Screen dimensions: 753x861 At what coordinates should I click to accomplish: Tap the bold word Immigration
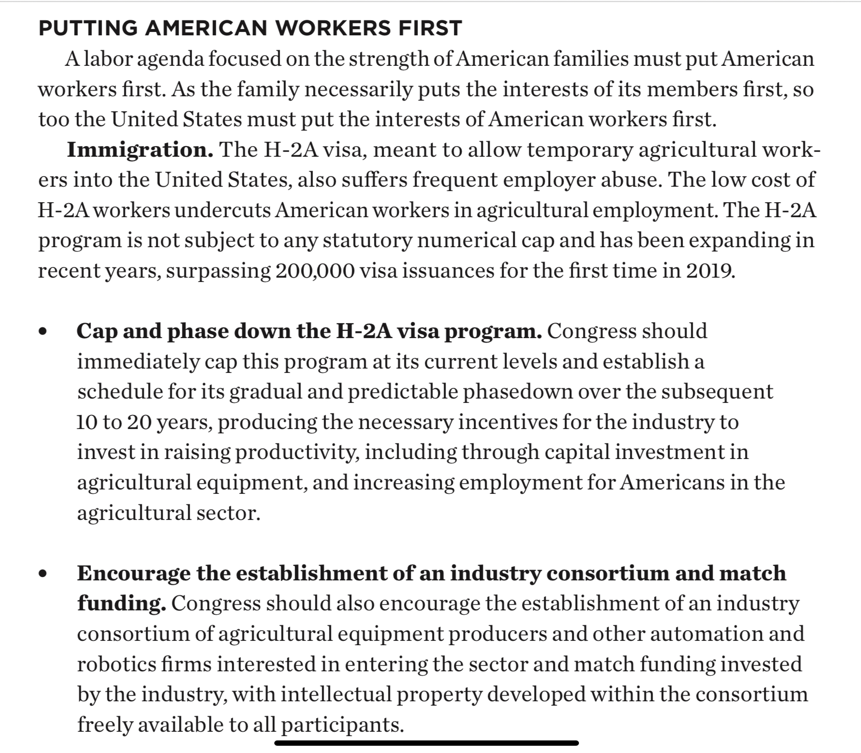pyautogui.click(x=140, y=150)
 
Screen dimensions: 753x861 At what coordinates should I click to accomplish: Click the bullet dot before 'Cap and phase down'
pyautogui.click(x=44, y=332)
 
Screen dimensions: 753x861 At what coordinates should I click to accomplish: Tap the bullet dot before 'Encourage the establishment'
pyautogui.click(x=44, y=574)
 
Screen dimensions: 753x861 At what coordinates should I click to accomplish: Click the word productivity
pyautogui.click(x=297, y=453)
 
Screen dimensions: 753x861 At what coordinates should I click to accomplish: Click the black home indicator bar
pyautogui.click(x=426, y=743)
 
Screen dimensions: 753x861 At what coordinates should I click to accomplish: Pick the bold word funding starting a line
pyautogui.click(x=121, y=604)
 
